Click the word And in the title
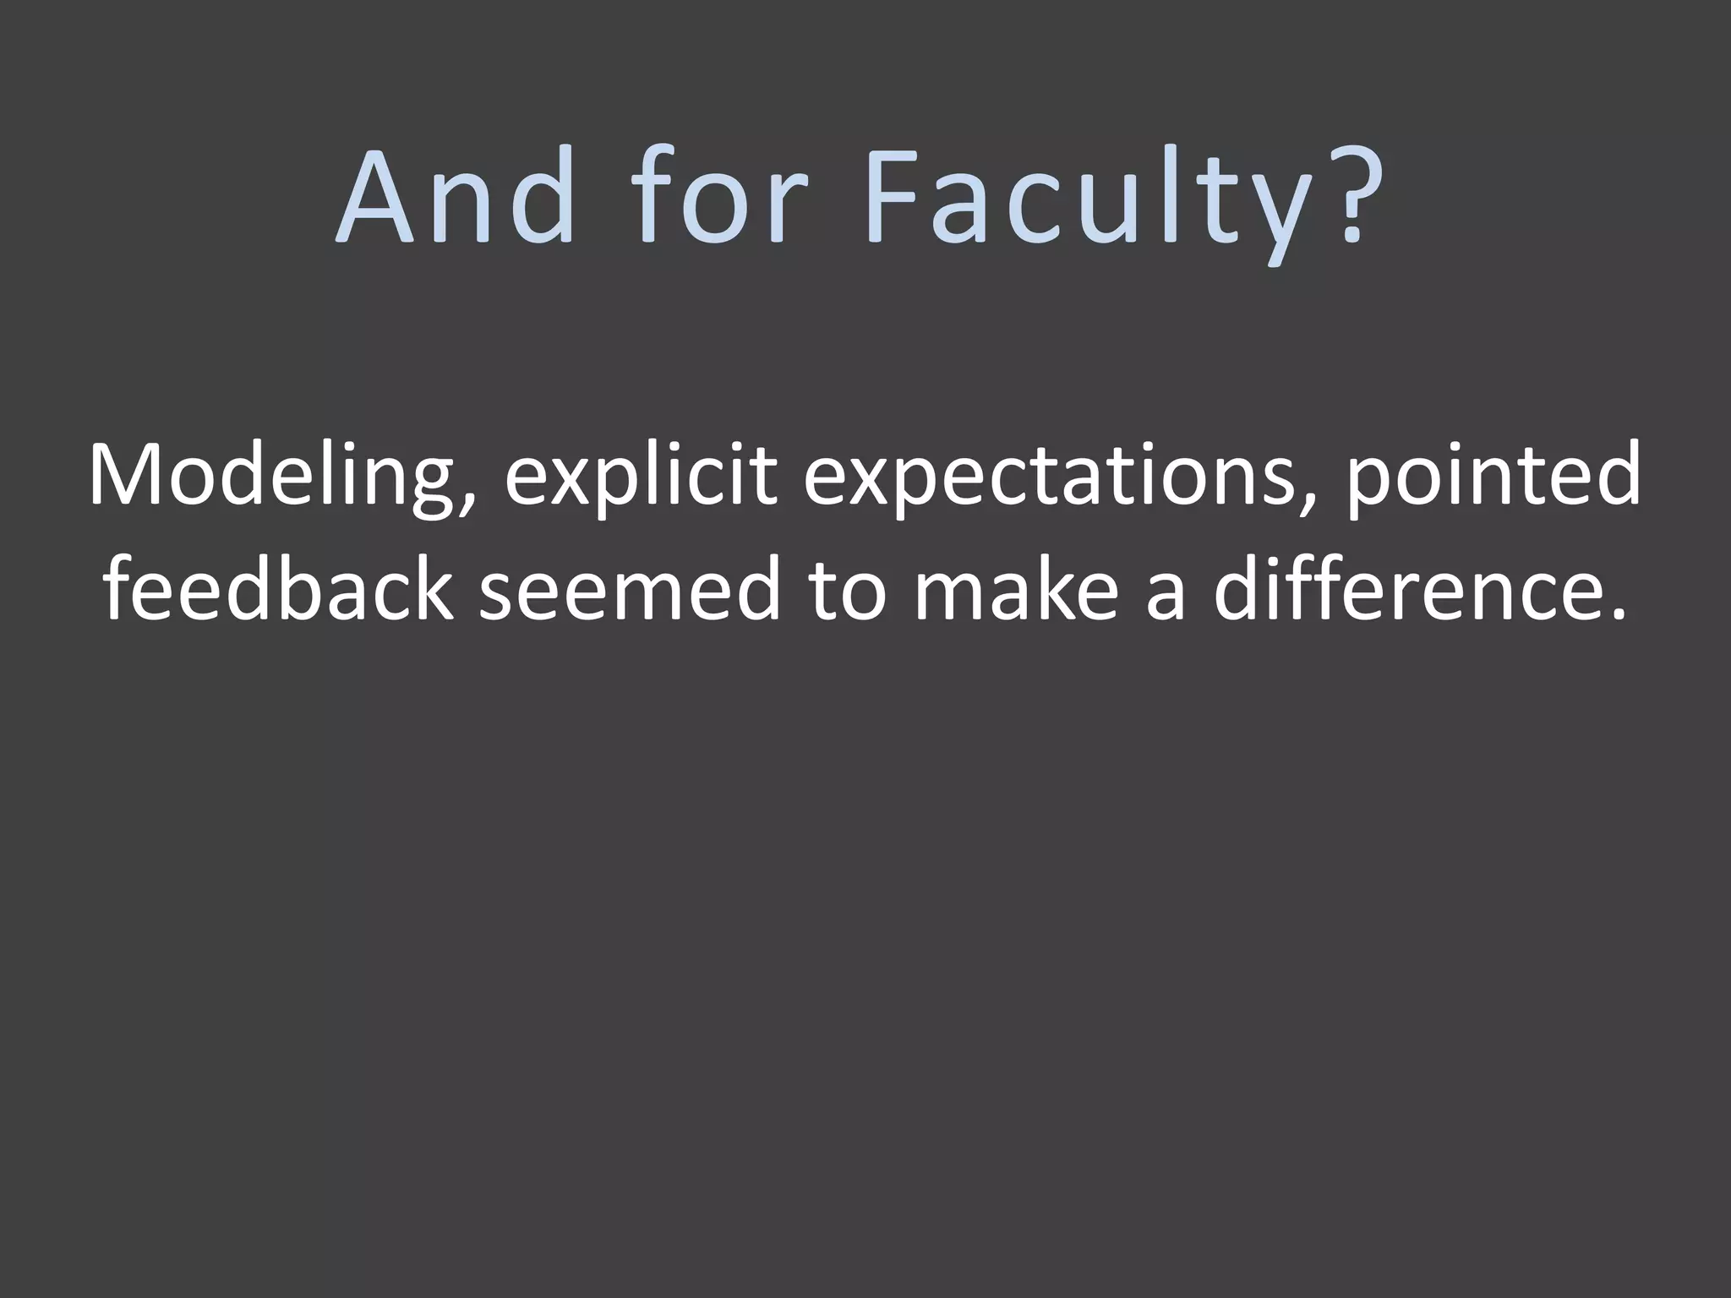click(455, 197)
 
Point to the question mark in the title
click(1357, 197)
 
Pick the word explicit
click(641, 477)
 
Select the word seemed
click(629, 589)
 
